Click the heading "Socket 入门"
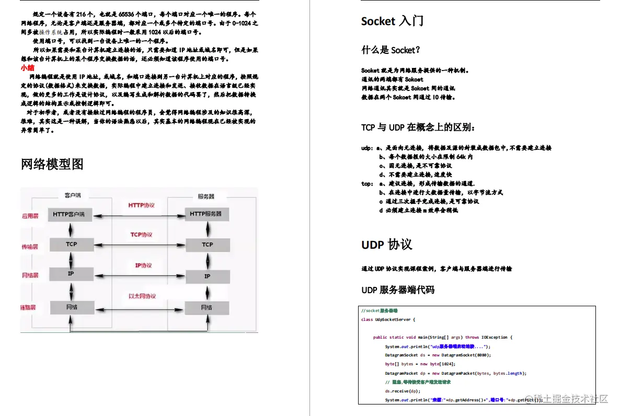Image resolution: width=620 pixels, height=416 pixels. pyautogui.click(x=392, y=21)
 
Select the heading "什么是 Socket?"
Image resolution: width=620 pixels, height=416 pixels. pyautogui.click(x=391, y=50)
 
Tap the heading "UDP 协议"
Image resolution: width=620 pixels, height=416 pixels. pyautogui.click(x=386, y=245)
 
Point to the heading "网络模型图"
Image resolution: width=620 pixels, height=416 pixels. pyautogui.click(x=52, y=164)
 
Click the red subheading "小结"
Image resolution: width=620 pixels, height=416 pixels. pyautogui.click(x=28, y=68)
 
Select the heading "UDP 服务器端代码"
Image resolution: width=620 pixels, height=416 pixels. pyautogui.click(x=397, y=290)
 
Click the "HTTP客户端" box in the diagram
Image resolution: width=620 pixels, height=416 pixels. pyautogui.click(x=69, y=214)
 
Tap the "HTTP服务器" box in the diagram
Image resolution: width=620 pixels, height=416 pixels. pyautogui.click(x=205, y=214)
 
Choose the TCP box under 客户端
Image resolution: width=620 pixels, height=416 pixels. pyautogui.click(x=72, y=244)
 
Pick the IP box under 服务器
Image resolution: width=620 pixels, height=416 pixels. pyautogui.click(x=207, y=276)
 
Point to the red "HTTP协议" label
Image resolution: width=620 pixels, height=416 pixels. pyautogui.click(x=142, y=205)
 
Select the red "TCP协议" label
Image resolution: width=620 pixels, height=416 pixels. pyautogui.click(x=141, y=235)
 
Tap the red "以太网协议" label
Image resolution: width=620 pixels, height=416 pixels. pyautogui.click(x=142, y=296)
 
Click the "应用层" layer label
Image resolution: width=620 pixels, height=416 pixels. pyautogui.click(x=30, y=215)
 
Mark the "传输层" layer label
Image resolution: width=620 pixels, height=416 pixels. pyautogui.click(x=30, y=247)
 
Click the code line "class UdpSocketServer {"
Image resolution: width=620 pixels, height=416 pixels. pyautogui.click(x=388, y=320)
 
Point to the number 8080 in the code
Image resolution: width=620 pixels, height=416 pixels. pyautogui.click(x=484, y=355)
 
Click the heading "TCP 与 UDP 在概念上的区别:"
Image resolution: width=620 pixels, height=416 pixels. pyautogui.click(x=418, y=128)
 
